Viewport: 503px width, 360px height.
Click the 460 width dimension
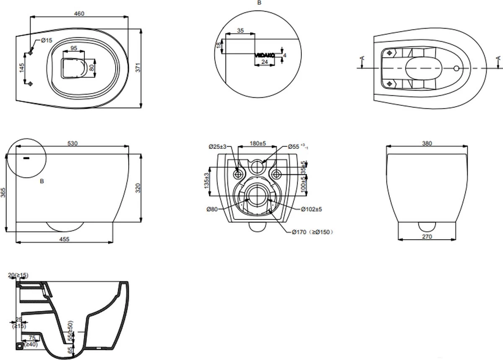click(x=79, y=13)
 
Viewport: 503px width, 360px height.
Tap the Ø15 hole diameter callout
click(x=46, y=40)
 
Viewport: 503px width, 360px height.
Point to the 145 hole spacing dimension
click(x=22, y=68)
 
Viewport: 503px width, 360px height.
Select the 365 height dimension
click(x=3, y=192)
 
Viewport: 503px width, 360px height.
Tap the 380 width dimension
click(x=427, y=143)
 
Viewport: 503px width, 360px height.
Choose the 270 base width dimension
click(x=427, y=237)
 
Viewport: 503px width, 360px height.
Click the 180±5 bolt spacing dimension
click(x=258, y=143)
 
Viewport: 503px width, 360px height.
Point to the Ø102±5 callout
click(x=311, y=209)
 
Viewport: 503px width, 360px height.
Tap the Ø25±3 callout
click(x=218, y=146)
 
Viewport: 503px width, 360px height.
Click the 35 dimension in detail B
click(x=240, y=31)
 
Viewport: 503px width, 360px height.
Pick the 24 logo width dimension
click(x=264, y=62)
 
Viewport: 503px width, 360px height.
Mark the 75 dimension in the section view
click(x=31, y=338)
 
